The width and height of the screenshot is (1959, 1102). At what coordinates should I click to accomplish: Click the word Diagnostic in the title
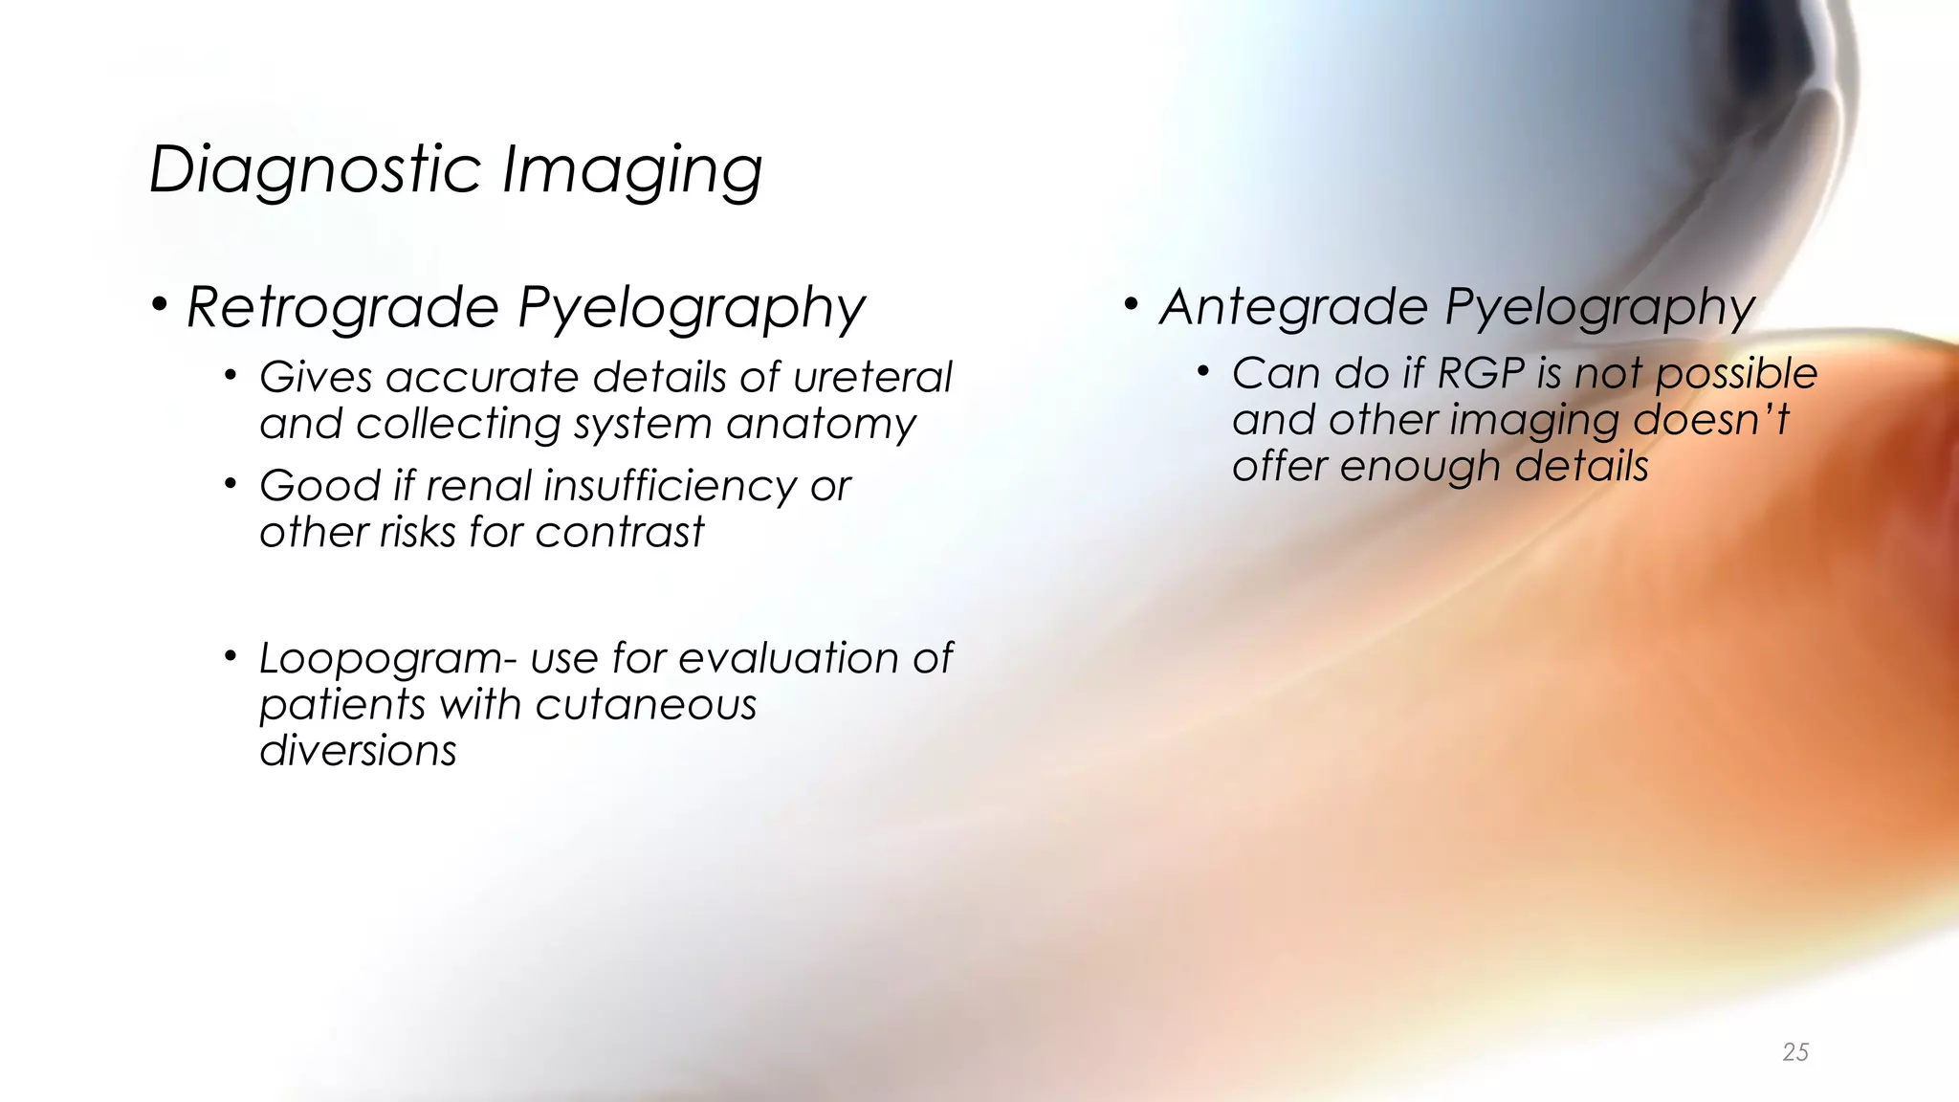coord(316,170)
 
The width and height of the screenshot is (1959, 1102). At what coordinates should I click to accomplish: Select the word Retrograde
coord(342,308)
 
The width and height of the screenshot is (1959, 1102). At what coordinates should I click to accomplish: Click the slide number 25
coord(1795,1052)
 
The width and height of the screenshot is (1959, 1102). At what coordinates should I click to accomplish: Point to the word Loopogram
coord(381,660)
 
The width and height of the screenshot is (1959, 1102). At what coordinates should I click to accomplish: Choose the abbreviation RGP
coord(1481,374)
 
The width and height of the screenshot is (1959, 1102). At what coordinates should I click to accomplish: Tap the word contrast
coord(619,533)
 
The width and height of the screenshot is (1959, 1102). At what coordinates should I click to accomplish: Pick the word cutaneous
coord(646,706)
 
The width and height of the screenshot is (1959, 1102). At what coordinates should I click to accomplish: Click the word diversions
coord(358,751)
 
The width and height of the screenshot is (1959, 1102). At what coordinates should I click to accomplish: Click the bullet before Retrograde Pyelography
coord(160,305)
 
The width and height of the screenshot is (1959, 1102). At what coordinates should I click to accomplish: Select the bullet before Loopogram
coord(231,656)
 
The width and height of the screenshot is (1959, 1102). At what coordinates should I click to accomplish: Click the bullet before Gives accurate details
coord(231,375)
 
